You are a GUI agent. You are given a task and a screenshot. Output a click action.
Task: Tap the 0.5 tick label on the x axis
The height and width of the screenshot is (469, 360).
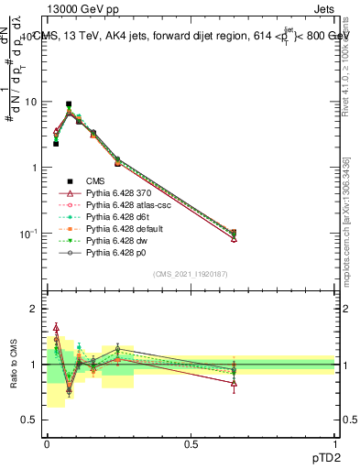(191, 445)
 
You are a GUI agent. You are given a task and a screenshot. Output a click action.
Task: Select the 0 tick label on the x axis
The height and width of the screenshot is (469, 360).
(47, 445)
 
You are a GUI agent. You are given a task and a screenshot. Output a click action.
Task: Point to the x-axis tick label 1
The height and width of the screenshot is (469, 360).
(336, 445)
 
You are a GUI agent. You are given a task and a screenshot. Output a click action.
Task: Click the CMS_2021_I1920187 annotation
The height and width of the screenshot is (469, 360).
(191, 274)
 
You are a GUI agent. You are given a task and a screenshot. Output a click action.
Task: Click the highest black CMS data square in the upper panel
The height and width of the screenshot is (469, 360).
(69, 104)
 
